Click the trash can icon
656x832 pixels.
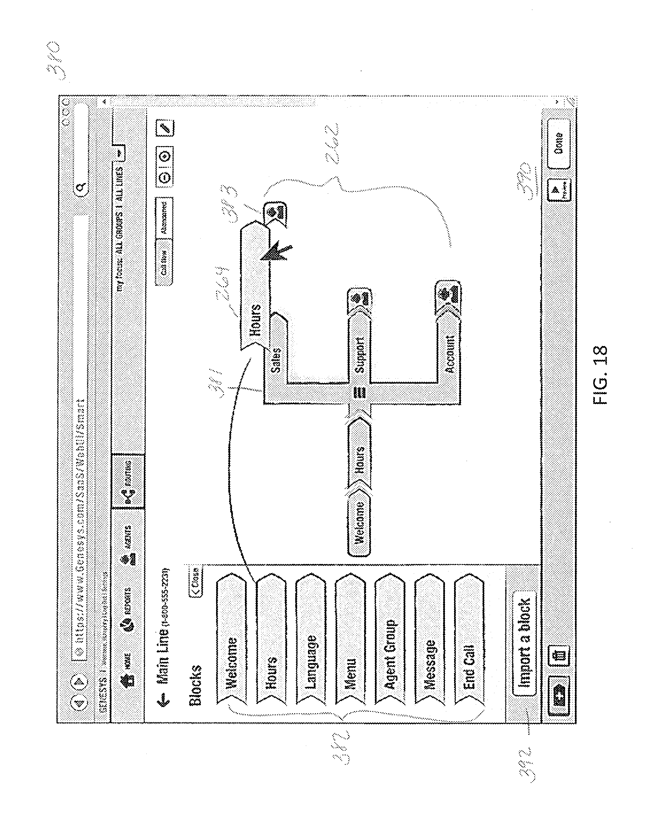tap(559, 658)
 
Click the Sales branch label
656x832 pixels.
tap(276, 359)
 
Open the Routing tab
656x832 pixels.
tap(128, 482)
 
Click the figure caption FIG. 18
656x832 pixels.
tap(600, 375)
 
